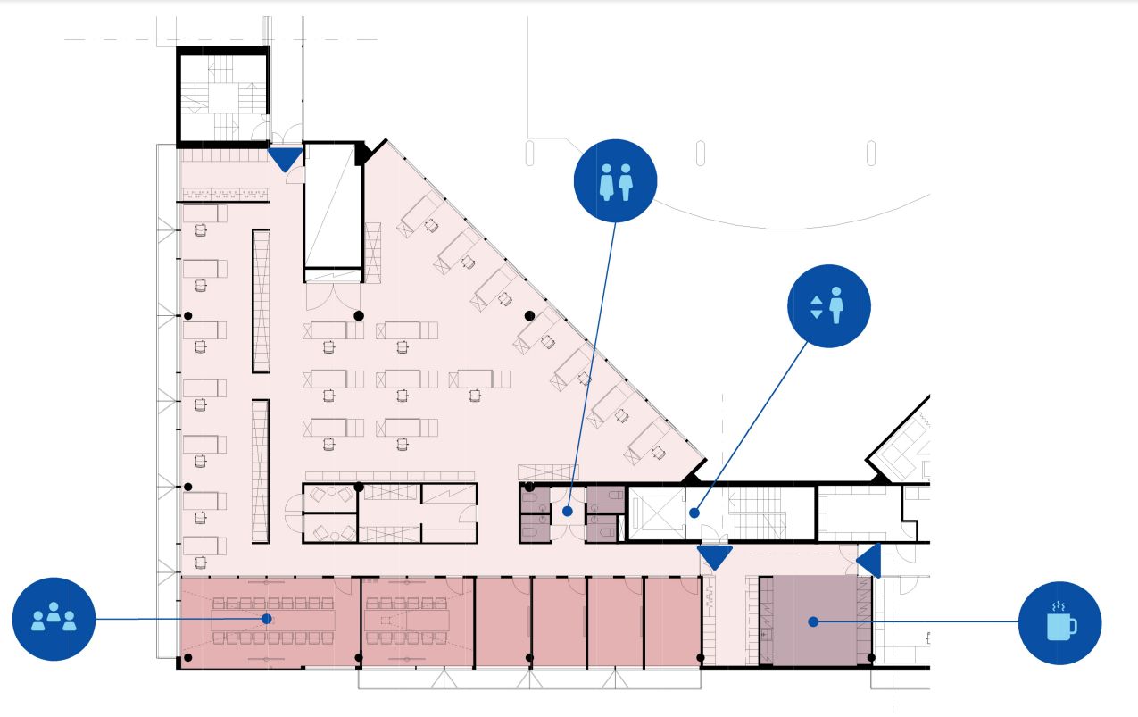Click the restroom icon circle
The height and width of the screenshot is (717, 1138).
615,181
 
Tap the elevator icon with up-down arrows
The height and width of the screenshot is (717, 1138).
828,305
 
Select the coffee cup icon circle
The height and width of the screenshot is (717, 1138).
1059,622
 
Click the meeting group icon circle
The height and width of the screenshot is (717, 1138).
54,619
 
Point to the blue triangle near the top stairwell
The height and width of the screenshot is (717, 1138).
286,159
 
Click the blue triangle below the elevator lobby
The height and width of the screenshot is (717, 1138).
714,557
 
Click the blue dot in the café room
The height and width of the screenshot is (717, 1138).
813,621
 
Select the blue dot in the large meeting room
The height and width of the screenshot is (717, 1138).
266,618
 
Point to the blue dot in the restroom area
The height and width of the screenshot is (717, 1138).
568,512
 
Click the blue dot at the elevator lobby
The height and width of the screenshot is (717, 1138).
694,513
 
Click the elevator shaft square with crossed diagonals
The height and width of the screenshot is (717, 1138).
655,513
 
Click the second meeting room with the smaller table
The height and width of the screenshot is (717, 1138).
416,620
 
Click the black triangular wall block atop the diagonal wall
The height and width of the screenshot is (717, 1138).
363,154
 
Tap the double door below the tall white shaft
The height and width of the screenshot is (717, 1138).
334,295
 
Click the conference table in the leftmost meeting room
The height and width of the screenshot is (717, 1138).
272,618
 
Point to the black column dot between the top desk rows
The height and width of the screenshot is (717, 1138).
359,315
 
